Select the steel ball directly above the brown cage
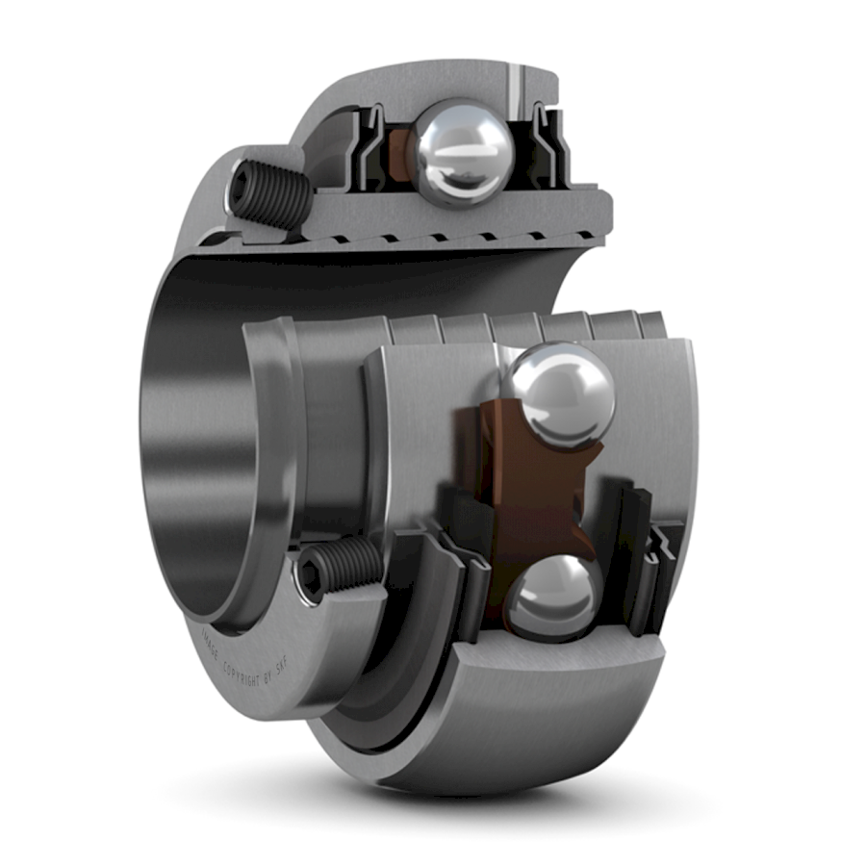[x=561, y=394]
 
